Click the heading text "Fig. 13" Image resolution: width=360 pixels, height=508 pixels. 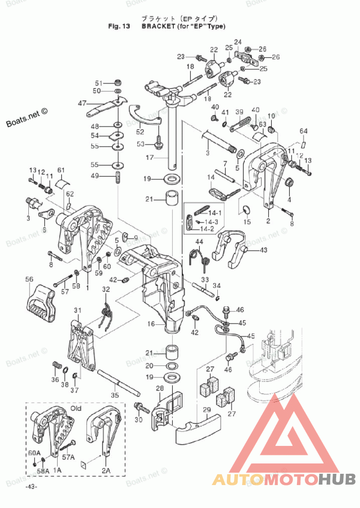[x=119, y=26]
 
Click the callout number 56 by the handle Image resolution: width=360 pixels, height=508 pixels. [x=29, y=279]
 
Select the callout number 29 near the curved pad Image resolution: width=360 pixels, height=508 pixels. [x=207, y=409]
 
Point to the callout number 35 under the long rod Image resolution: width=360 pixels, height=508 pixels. [x=115, y=396]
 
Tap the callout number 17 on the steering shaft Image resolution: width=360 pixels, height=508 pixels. [x=149, y=158]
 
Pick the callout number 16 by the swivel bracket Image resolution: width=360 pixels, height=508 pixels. [x=151, y=324]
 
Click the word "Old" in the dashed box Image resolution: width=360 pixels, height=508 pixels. [x=76, y=409]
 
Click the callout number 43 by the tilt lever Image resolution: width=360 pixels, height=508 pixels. [x=263, y=250]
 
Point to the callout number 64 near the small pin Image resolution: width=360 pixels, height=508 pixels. [x=304, y=131]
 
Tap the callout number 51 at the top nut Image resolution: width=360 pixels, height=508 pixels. [x=99, y=83]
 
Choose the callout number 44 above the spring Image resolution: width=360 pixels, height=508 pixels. [x=199, y=242]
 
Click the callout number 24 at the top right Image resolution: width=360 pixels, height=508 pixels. [x=238, y=42]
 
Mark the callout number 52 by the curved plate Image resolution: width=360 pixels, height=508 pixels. [x=140, y=132]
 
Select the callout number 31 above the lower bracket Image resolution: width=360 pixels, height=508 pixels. [x=78, y=311]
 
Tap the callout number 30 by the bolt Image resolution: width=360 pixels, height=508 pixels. [x=138, y=419]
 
